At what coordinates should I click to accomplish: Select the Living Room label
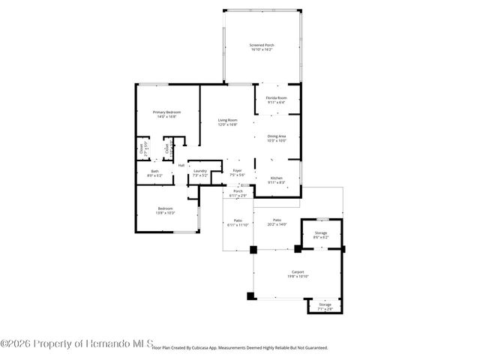[x=227, y=122]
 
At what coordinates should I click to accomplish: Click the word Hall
[x=181, y=165]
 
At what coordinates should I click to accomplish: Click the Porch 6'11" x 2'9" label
[x=238, y=193]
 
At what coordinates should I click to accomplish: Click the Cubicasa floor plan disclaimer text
[x=239, y=348]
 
